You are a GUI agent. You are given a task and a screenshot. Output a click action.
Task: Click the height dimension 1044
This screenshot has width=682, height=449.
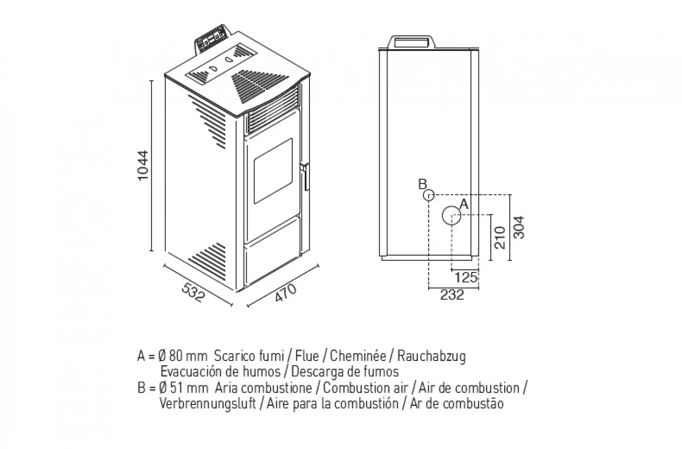click(x=143, y=166)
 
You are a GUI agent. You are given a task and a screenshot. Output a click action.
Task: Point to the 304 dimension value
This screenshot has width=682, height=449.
click(x=519, y=228)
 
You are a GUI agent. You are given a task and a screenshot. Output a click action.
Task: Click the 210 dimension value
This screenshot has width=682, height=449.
click(x=500, y=237)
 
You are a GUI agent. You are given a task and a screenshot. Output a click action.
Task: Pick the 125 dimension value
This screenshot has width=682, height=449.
click(x=466, y=277)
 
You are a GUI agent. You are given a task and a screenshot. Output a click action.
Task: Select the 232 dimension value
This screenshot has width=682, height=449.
click(x=452, y=295)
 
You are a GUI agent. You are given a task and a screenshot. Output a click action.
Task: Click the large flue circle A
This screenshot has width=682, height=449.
click(x=451, y=215)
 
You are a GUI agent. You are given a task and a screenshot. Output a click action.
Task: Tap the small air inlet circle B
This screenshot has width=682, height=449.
click(x=429, y=195)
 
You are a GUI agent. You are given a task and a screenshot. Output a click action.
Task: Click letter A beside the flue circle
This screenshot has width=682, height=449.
click(x=464, y=204)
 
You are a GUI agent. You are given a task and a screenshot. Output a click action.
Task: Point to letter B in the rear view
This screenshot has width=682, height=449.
click(x=422, y=184)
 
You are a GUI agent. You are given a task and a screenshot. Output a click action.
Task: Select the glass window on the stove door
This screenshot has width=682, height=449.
click(x=273, y=170)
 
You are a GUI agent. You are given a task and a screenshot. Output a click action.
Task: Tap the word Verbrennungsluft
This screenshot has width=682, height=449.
click(x=208, y=403)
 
